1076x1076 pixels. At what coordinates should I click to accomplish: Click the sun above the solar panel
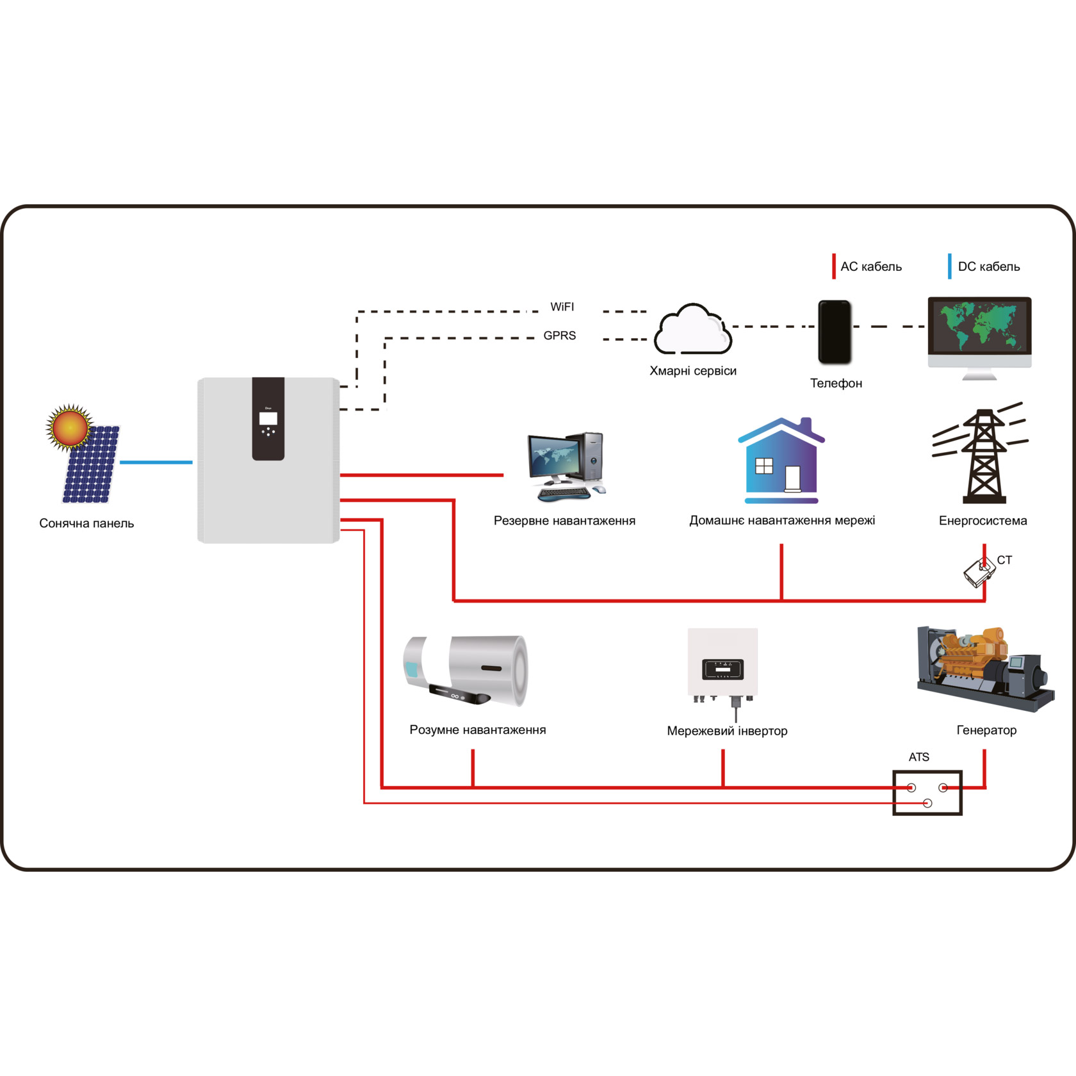coord(69,427)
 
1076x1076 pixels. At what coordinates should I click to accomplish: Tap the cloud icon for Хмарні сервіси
coord(692,329)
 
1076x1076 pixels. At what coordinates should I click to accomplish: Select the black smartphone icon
coord(835,332)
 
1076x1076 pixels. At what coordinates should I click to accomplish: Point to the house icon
coord(781,461)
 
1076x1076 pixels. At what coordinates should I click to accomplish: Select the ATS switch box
coord(927,792)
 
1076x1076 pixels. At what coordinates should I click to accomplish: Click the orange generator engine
coord(985,668)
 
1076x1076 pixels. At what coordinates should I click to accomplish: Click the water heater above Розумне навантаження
coord(466,671)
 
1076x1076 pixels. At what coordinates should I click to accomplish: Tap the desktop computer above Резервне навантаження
coord(566,466)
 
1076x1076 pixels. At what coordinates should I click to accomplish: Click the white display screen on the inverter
coord(268,418)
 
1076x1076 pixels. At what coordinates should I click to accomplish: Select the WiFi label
coord(562,307)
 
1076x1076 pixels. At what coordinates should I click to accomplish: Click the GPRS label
coord(560,336)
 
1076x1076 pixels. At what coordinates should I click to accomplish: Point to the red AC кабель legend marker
coord(833,266)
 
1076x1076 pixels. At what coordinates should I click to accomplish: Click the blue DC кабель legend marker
coord(949,266)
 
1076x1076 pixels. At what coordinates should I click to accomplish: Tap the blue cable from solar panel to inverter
coord(156,462)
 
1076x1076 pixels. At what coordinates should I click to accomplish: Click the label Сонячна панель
coord(86,523)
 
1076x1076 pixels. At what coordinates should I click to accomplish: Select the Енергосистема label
coord(983,521)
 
